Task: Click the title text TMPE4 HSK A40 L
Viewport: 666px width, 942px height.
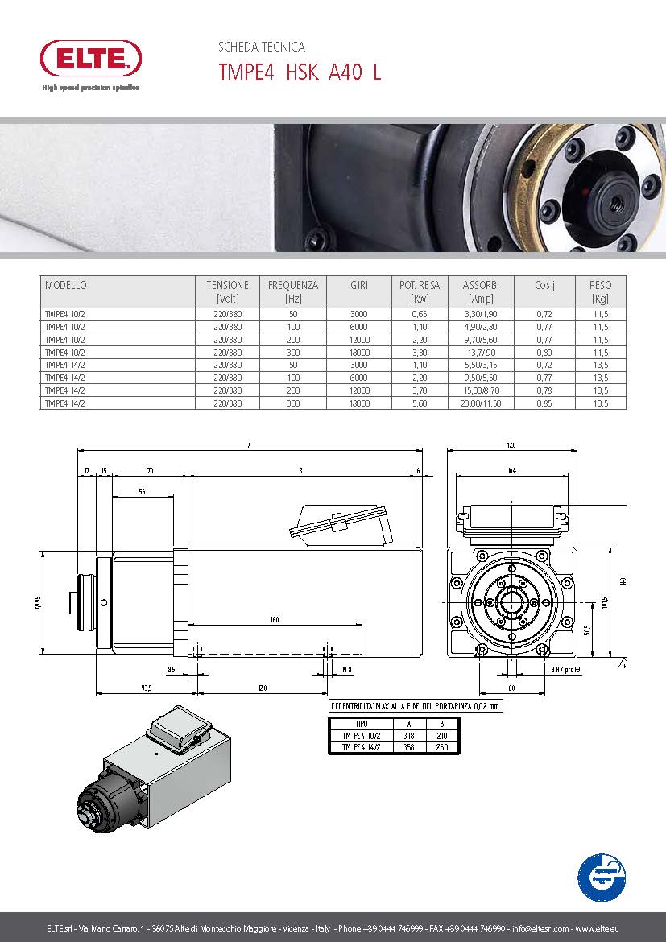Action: (300, 72)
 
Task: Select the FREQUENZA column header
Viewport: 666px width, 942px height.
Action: (292, 285)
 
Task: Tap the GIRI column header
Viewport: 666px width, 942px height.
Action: (359, 285)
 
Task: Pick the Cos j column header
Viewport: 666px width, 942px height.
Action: (544, 285)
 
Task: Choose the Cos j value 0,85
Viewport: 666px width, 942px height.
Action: (544, 403)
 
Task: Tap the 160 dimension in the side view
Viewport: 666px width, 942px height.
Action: (275, 619)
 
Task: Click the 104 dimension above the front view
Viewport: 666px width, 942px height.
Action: (511, 470)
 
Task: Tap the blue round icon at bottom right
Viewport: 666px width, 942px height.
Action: (602, 878)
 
